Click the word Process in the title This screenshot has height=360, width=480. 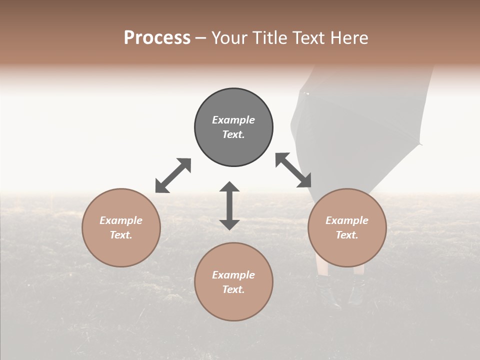[157, 38]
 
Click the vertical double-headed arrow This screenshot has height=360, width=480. [229, 205]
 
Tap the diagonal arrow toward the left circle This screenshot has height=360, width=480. [173, 175]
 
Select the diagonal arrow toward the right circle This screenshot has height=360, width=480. [293, 170]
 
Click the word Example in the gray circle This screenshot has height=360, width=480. [233, 120]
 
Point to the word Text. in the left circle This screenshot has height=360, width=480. [121, 235]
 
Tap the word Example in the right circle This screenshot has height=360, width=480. [347, 220]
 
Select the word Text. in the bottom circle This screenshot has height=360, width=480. [233, 289]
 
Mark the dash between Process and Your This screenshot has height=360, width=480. [201, 38]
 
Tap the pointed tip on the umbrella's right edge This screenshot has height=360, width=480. [421, 144]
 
